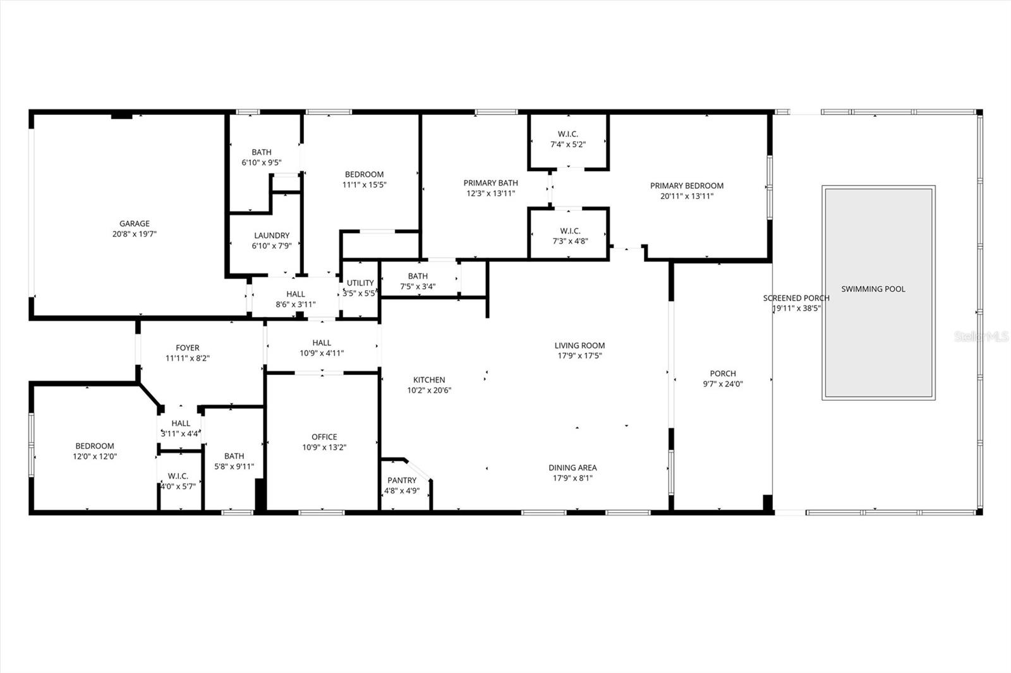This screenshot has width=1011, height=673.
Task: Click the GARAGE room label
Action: pos(135,223)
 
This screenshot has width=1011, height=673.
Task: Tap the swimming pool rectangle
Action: pos(878,328)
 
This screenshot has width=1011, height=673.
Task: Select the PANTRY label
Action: pos(402,480)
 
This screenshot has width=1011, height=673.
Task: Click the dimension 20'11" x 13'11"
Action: pos(687,196)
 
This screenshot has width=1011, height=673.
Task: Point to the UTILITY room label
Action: pos(360,283)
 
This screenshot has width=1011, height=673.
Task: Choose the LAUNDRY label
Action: pos(272,235)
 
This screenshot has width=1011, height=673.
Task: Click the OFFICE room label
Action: pos(324,437)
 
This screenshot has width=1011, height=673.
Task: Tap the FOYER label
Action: pos(188,348)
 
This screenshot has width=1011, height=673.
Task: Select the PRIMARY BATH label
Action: pos(490,183)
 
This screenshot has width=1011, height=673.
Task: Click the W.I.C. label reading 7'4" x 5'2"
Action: pos(568,134)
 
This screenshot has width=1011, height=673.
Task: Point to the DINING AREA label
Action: pos(572,468)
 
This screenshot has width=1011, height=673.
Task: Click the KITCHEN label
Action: pos(429,380)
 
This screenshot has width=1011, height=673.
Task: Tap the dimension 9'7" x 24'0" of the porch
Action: pos(723,384)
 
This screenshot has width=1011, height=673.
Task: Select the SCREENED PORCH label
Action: pos(796,298)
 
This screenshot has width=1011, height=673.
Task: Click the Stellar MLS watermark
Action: pos(981,337)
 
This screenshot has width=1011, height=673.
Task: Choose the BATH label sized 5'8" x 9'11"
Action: pos(234,456)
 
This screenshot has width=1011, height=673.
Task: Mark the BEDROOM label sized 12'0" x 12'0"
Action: pos(95,446)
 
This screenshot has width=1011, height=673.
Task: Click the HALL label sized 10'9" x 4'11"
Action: pos(322,343)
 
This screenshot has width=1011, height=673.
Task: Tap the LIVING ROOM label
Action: pos(579,345)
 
